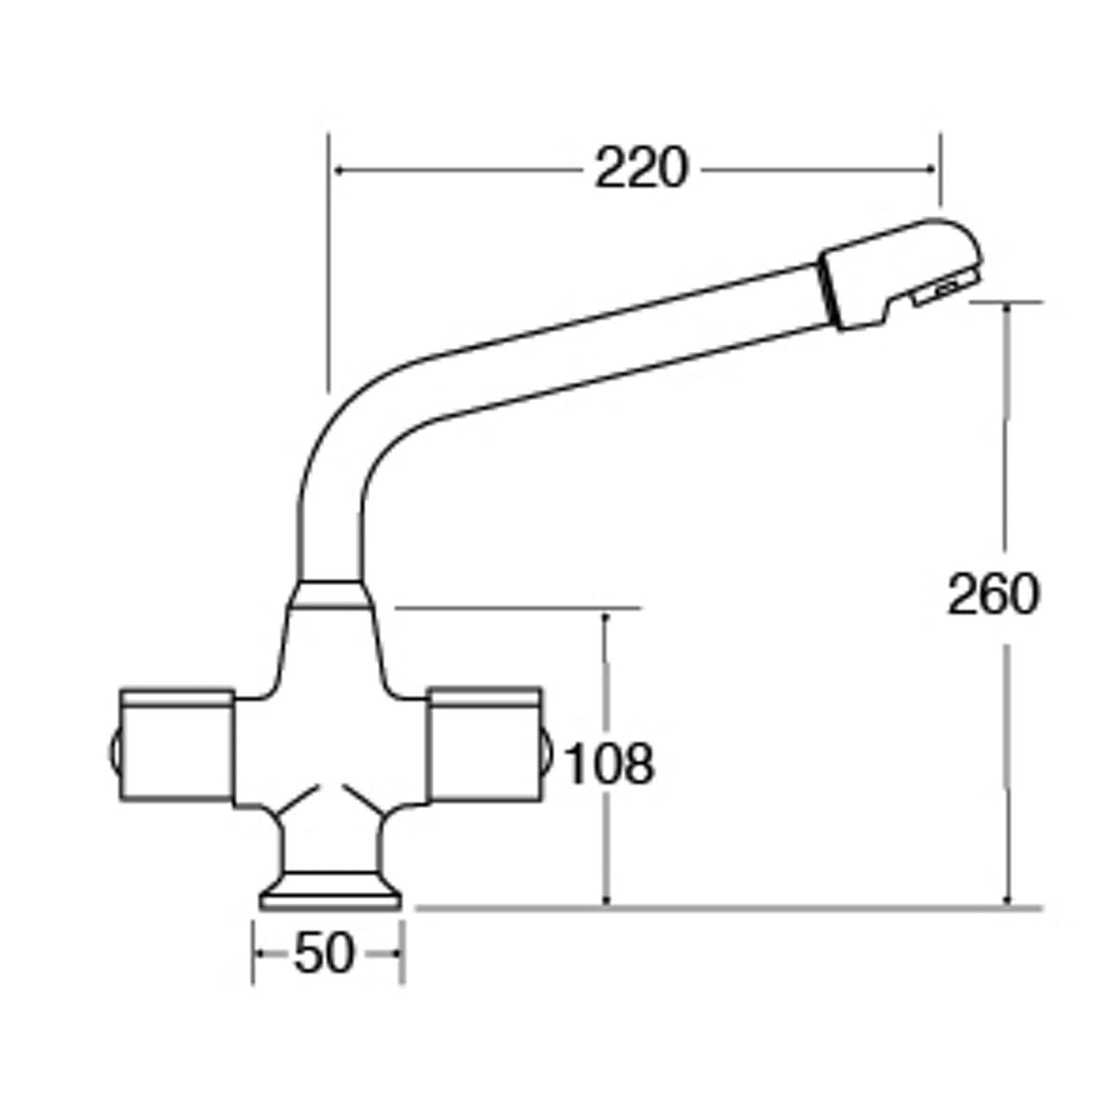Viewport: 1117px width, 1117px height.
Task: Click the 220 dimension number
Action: [641, 169]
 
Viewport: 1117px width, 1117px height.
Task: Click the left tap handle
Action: [176, 745]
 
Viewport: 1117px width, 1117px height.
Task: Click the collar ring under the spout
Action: [330, 594]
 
